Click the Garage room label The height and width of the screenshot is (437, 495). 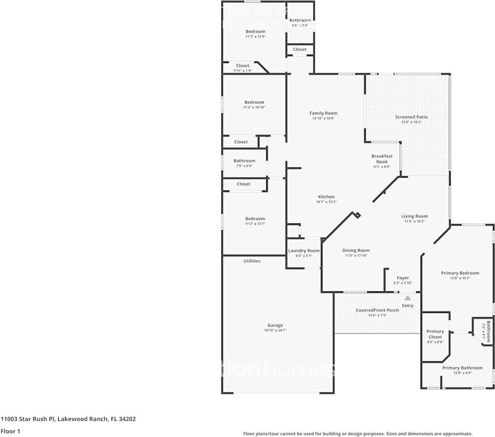tap(275, 325)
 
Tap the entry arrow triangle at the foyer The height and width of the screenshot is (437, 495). tap(407, 298)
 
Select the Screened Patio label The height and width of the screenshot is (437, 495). tap(411, 117)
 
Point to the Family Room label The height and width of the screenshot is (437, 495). tap(323, 113)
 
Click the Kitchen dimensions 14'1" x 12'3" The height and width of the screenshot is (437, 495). tap(326, 202)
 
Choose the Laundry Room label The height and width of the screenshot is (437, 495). tap(304, 250)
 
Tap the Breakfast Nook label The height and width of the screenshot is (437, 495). tap(382, 159)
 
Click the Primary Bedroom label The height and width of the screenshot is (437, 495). tap(460, 273)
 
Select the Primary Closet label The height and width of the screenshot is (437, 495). tap(435, 334)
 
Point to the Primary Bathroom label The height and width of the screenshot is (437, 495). tap(462, 368)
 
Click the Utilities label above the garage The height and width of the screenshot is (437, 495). tap(252, 261)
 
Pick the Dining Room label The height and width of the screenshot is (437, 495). tap(356, 250)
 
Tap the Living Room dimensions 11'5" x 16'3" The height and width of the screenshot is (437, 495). tap(414, 221)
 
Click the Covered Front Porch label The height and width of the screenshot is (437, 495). tap(378, 310)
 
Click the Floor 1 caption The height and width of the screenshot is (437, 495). tap(10, 432)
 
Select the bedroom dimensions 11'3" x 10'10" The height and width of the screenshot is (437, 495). tap(254, 107)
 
